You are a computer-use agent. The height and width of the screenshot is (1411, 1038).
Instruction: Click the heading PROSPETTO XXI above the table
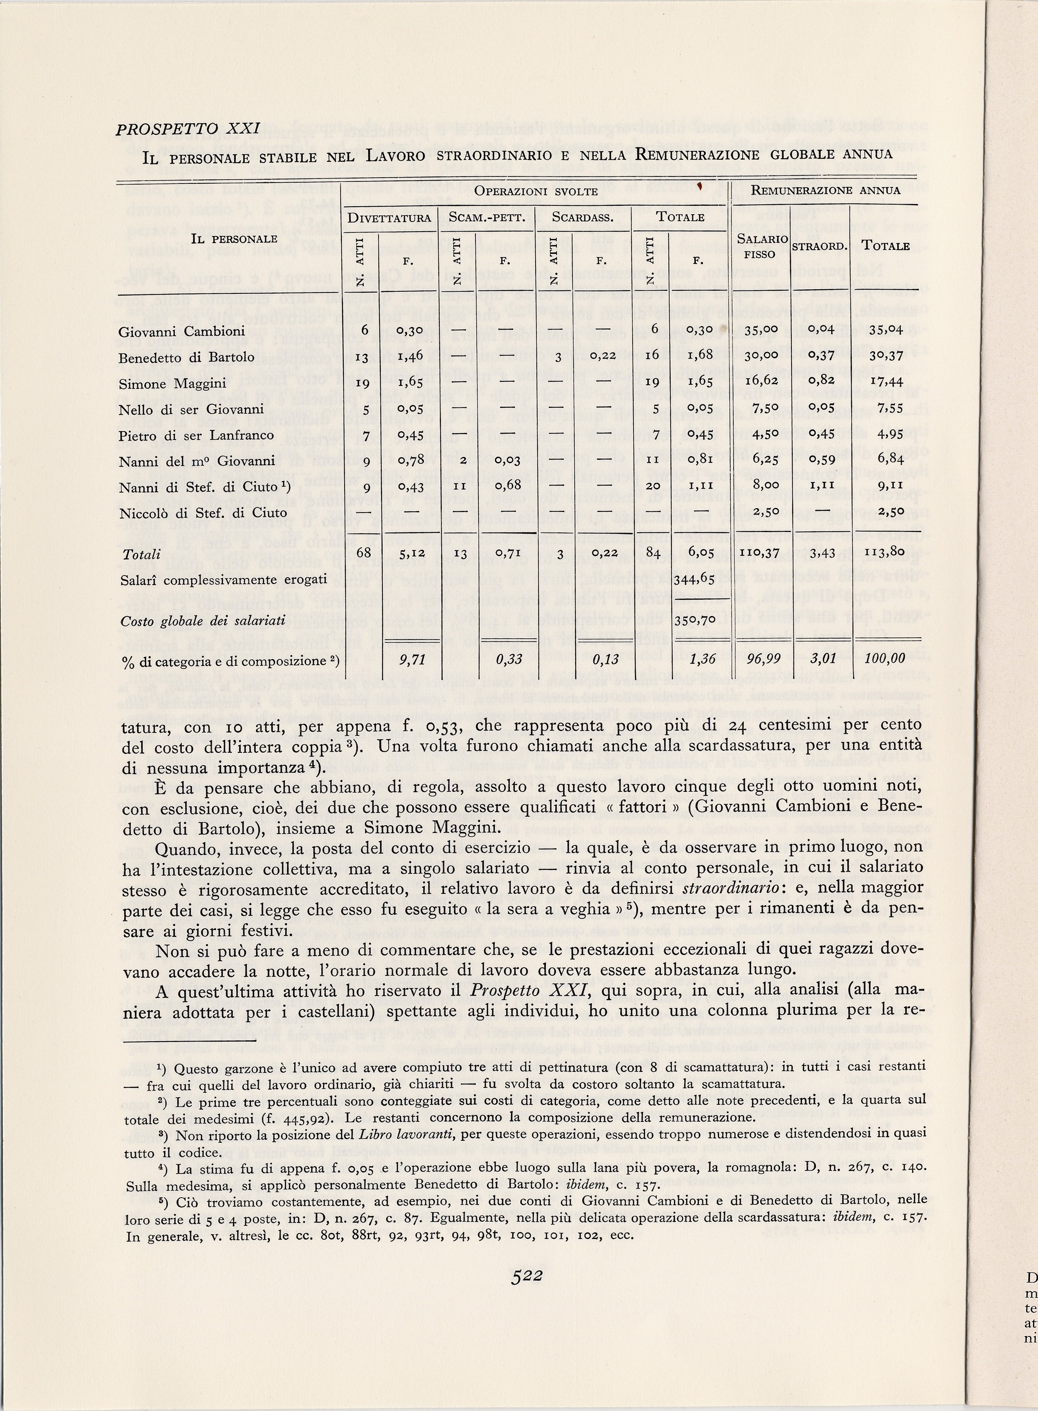pos(188,129)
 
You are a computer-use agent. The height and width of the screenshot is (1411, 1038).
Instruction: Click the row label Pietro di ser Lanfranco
pos(196,435)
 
